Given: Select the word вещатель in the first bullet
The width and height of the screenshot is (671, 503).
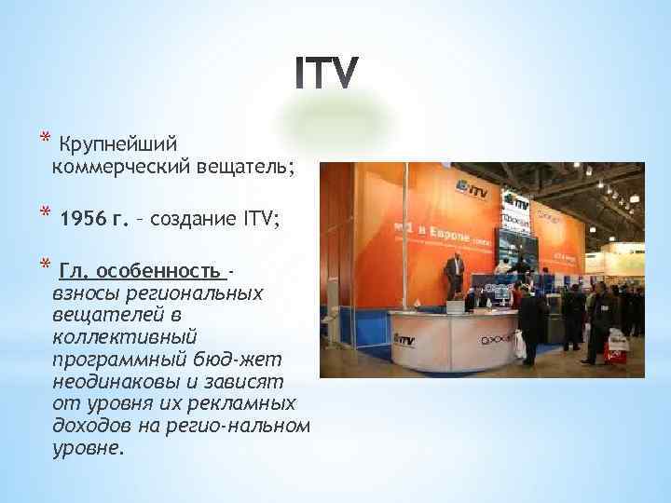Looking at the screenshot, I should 244,167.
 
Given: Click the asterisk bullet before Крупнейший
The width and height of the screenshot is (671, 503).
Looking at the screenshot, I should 43,142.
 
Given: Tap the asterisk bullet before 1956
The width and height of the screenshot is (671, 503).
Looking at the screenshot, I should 43,218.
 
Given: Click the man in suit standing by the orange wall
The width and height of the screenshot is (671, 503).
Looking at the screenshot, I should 454,275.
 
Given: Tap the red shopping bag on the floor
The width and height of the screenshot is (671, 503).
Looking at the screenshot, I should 615,350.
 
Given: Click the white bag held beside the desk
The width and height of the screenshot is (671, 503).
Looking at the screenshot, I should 519,346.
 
